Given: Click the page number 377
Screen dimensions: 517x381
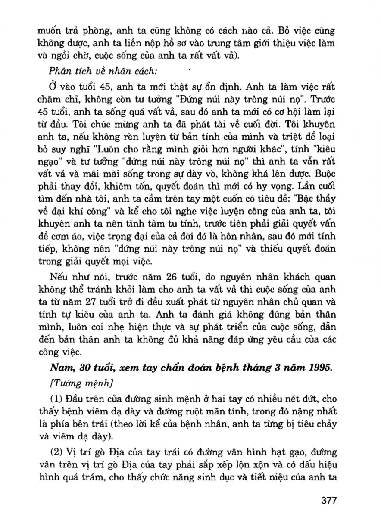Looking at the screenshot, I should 328,501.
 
